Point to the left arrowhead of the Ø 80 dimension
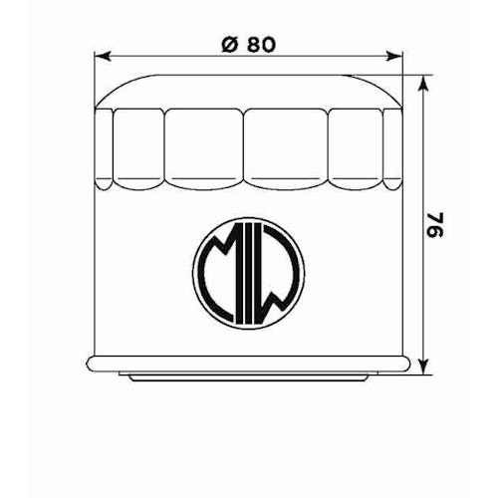[98, 56]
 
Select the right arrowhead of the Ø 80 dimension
[400, 56]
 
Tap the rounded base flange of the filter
[249, 363]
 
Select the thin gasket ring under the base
[249, 377]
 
